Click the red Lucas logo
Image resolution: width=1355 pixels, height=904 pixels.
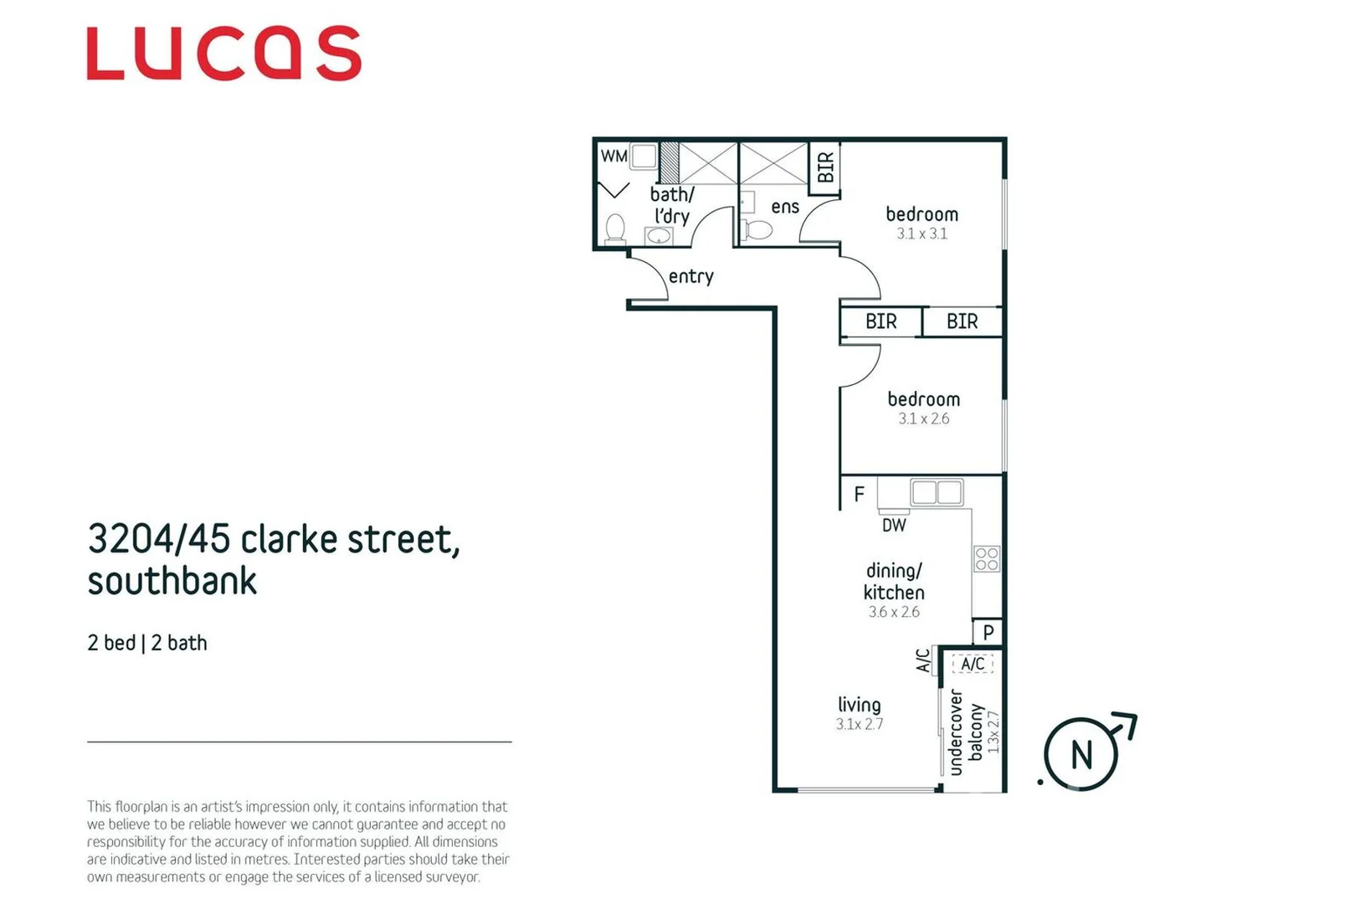point(223,54)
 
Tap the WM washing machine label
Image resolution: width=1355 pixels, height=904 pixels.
point(613,157)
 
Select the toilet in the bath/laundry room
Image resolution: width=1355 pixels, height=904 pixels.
point(615,229)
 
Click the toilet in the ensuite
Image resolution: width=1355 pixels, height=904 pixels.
point(758,229)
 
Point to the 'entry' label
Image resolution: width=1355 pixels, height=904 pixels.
point(690,276)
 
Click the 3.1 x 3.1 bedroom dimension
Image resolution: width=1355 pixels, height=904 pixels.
point(921,234)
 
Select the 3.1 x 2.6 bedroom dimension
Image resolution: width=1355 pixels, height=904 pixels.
point(923,419)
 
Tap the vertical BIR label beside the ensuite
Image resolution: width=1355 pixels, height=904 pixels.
point(825,167)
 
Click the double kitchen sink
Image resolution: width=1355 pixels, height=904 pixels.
point(937,492)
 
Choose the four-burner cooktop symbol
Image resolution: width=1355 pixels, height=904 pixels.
point(987,558)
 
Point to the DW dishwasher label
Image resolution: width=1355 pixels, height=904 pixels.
point(894,526)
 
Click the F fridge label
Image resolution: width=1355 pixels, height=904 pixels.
point(859,495)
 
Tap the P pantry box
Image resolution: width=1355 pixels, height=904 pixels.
point(988,632)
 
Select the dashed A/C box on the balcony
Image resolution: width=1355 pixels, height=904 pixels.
point(973,664)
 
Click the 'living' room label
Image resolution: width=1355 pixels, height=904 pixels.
point(860,705)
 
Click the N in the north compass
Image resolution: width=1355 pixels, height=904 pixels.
point(1081,755)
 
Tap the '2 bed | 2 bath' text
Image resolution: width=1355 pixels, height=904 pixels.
point(147,643)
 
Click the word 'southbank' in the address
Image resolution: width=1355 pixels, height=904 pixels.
point(172,581)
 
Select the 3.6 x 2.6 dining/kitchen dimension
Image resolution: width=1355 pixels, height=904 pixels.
point(894,613)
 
